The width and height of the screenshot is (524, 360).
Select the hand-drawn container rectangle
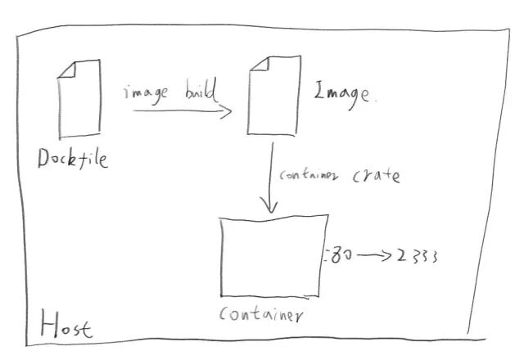click(273, 255)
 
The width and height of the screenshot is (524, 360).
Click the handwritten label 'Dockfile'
click(73, 159)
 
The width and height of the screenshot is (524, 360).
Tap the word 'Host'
click(61, 326)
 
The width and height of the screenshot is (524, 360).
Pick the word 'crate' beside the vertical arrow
click(376, 175)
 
